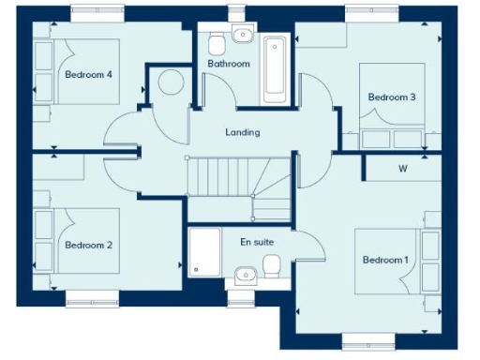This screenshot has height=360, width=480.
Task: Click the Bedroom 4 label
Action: click(x=89, y=74)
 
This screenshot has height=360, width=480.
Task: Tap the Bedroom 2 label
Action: click(x=89, y=246)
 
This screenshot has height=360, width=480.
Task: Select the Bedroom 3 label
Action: click(x=392, y=97)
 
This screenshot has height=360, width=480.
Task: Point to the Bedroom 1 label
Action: click(x=386, y=260)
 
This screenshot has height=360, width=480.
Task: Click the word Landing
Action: click(x=243, y=132)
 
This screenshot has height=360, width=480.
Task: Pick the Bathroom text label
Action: click(x=229, y=64)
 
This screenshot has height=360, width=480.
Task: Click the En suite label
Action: click(x=257, y=242)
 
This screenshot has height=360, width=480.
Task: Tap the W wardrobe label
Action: click(x=402, y=170)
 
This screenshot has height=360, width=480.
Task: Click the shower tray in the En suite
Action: click(x=203, y=254)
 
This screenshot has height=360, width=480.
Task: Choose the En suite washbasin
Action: click(x=244, y=274)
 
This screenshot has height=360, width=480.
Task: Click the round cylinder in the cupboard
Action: click(x=171, y=82)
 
